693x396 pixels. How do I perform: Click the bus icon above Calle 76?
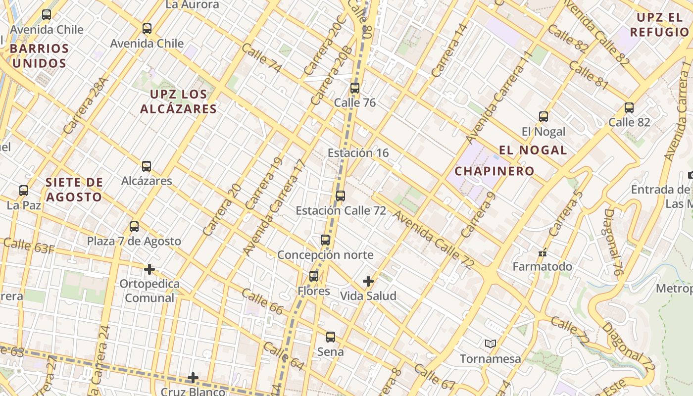pos(355,89)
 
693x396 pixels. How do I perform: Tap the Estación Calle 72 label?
pos(341,210)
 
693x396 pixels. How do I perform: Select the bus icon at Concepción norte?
pos(325,240)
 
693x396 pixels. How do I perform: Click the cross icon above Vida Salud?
pos(368,281)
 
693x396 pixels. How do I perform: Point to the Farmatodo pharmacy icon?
pos(543,253)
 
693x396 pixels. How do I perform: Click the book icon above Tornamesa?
pos(491,344)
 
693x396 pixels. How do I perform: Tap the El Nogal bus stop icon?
pos(544,117)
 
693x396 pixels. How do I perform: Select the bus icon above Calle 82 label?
pos(629,108)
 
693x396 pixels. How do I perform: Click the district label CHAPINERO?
pos(495,171)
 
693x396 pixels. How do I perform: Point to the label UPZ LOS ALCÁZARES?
pos(178,101)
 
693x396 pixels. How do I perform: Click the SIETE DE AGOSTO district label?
pos(74,190)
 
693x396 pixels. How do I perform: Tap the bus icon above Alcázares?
pos(147,166)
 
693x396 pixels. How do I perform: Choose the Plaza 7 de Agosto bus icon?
pos(134,227)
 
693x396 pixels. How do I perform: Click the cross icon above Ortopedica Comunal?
pos(149,269)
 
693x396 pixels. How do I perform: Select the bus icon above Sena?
pos(331,337)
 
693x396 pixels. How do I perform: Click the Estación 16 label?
pos(358,153)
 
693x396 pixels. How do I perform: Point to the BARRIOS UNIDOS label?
pos(39,56)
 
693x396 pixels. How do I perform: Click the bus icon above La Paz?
pos(24,191)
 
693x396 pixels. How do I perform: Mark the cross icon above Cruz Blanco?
pos(193,378)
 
